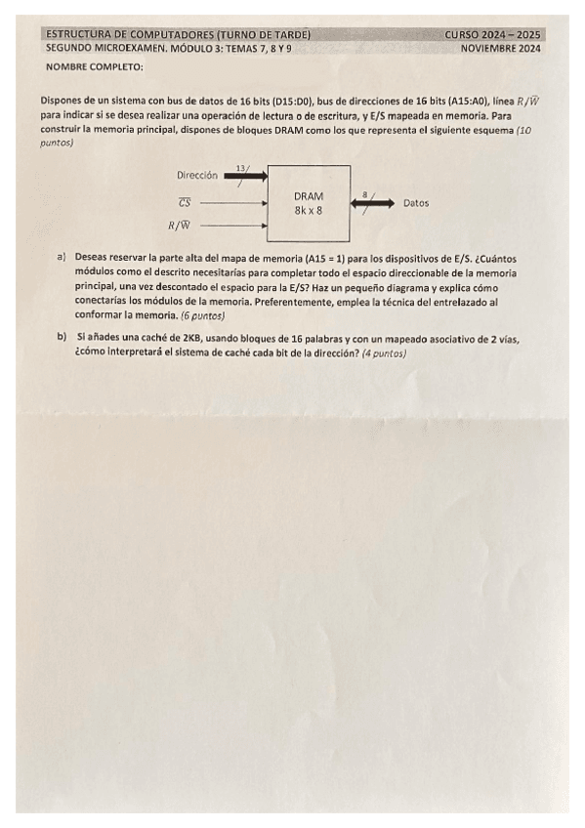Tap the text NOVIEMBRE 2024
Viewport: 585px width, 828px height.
[500, 48]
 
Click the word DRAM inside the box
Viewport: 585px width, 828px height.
[308, 195]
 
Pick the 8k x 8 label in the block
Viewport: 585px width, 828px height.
[308, 209]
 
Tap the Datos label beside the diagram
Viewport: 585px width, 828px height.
[416, 203]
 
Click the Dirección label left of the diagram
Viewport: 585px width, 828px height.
[197, 176]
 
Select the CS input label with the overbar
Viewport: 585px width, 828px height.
[184, 203]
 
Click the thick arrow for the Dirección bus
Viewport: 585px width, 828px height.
[244, 177]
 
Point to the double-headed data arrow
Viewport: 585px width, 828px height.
[371, 203]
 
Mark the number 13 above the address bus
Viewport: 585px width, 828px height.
[240, 167]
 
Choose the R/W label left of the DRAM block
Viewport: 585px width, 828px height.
[180, 227]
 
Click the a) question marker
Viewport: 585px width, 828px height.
[62, 257]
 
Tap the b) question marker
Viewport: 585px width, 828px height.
[62, 337]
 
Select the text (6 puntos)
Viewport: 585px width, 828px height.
[202, 316]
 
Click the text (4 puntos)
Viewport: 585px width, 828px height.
[383, 352]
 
